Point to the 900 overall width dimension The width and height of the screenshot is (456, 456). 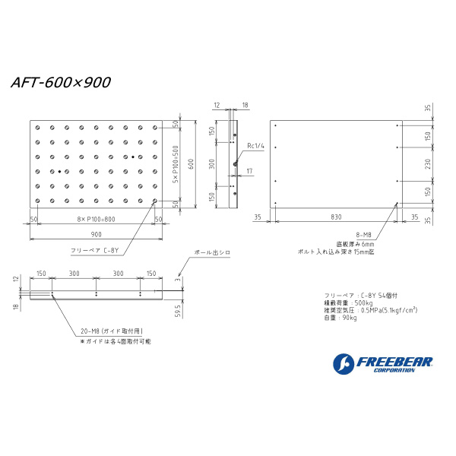click(x=97, y=234)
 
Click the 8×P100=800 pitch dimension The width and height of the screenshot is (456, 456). click(x=96, y=220)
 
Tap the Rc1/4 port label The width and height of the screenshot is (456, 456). click(x=255, y=144)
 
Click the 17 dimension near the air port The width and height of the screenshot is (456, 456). click(x=249, y=173)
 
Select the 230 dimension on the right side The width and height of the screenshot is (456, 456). click(x=428, y=163)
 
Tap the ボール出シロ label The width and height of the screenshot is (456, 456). click(x=212, y=251)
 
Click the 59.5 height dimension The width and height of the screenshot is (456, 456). click(x=177, y=312)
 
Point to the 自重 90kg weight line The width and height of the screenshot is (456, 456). click(x=340, y=318)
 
